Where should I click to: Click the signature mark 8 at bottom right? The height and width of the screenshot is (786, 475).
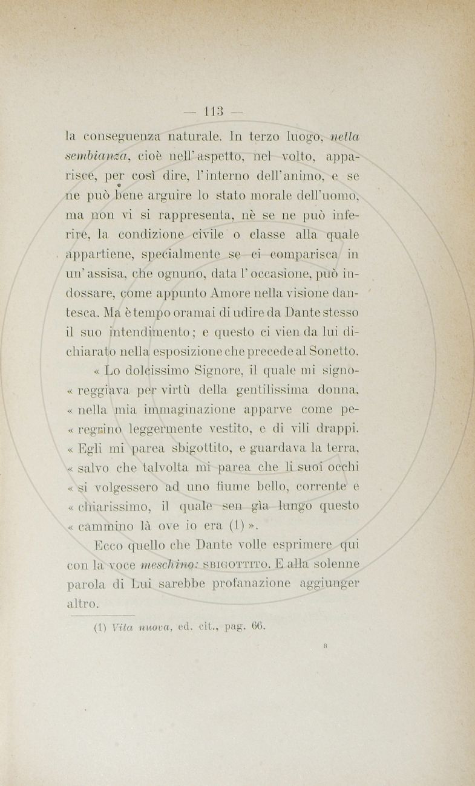click(326, 646)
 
